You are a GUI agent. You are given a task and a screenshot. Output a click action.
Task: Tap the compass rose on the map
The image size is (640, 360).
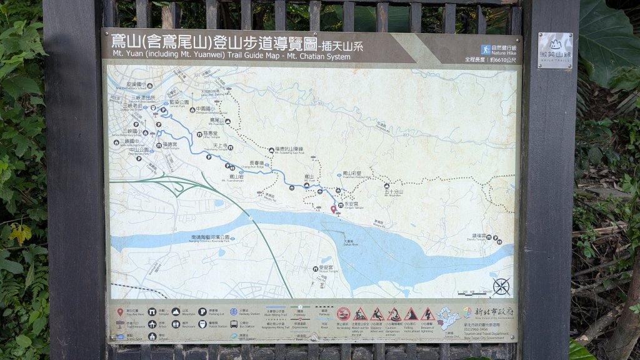pyautogui.click(x=501, y=286)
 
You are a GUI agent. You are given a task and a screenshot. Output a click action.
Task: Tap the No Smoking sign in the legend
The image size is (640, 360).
pyautogui.click(x=343, y=314)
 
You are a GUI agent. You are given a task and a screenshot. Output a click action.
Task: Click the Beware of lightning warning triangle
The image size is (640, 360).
pyautogui.click(x=427, y=314)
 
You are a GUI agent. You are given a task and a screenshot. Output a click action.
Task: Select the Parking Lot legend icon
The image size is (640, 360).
pyautogui.click(x=203, y=311)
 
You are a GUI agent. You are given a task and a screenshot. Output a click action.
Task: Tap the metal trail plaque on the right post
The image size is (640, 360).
pyautogui.click(x=555, y=50)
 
